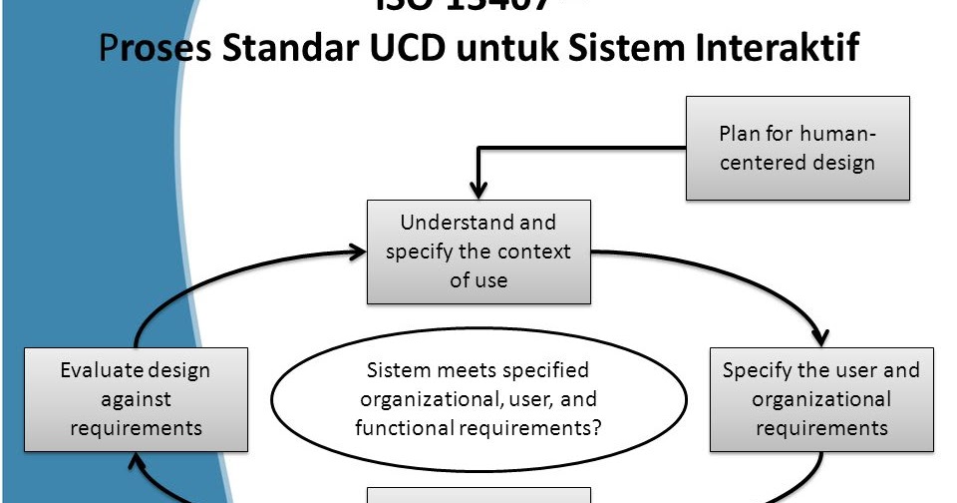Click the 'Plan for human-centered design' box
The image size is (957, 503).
pos(797,148)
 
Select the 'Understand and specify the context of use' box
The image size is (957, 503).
pos(478,251)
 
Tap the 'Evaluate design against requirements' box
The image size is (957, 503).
pos(136,399)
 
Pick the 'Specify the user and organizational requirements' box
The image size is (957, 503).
pos(820,399)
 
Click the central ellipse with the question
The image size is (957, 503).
pos(478,399)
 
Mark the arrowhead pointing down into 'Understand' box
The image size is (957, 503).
pos(478,191)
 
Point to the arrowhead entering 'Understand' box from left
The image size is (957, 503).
pos(357,251)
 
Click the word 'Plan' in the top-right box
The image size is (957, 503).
pos(740,134)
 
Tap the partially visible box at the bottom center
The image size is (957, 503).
pos(478,495)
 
